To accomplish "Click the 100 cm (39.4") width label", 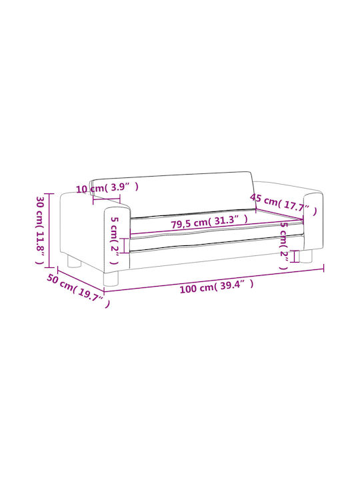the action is tap(217, 287).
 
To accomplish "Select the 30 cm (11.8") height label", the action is tap(41, 230).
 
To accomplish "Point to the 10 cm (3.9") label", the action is tap(107, 187).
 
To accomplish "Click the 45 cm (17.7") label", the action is tap(283, 204).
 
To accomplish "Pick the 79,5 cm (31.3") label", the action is tap(209, 221).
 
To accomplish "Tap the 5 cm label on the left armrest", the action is tap(114, 240).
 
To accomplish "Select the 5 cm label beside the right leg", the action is tap(284, 245).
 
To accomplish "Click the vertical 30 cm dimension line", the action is tap(49, 231).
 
